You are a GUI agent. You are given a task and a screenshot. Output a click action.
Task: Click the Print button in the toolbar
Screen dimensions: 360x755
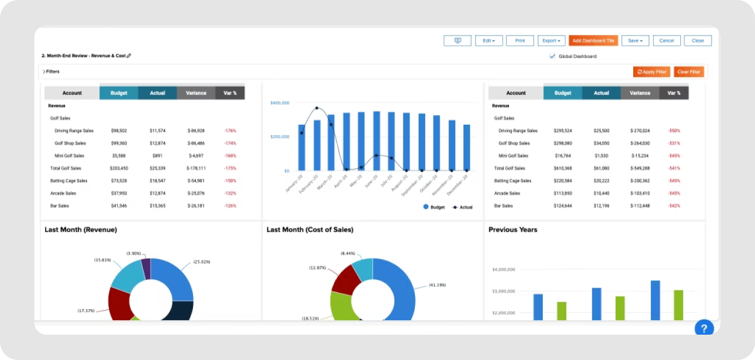520,40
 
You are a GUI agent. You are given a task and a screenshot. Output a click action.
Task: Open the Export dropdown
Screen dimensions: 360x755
551,40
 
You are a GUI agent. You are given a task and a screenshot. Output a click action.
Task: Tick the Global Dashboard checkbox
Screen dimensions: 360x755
552,56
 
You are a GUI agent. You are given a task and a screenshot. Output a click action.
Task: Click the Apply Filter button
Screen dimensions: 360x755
651,72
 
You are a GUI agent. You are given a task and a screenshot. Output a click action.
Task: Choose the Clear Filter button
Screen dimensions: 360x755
689,72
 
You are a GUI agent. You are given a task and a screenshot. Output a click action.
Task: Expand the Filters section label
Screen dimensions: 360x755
51,72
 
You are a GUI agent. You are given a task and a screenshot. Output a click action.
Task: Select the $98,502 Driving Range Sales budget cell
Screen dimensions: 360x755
119,130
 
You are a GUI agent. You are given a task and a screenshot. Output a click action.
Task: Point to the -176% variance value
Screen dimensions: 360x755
230,130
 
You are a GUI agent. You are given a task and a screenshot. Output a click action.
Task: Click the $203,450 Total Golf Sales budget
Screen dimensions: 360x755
119,168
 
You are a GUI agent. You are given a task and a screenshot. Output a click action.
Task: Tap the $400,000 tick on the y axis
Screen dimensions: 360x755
280,103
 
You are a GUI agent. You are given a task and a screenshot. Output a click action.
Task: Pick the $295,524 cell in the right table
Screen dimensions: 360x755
563,130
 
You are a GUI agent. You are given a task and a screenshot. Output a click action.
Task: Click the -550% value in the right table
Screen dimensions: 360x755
674,130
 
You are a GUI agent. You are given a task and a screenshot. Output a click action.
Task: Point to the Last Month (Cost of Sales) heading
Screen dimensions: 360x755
310,230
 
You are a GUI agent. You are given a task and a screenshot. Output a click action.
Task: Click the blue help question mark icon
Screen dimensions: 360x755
704,328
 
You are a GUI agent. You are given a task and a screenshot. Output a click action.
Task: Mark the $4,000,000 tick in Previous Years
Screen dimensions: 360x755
504,270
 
